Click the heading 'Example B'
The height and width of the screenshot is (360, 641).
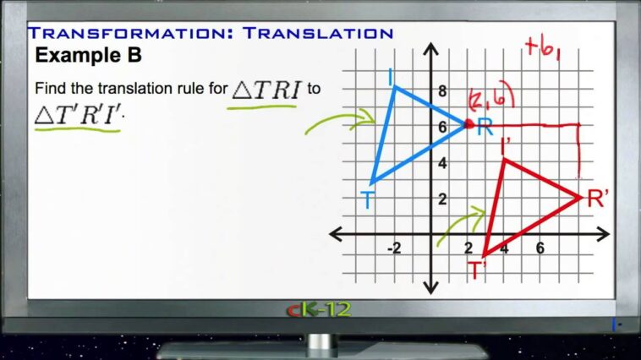(x=88, y=56)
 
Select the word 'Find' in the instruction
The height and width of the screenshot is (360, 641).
(x=50, y=88)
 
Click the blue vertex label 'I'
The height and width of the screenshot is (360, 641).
(x=390, y=78)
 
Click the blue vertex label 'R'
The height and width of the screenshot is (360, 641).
(x=485, y=128)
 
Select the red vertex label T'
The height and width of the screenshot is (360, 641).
(x=478, y=269)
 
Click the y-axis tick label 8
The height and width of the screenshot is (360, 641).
(x=441, y=91)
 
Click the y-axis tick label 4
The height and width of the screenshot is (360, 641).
(x=441, y=163)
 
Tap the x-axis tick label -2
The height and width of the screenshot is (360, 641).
(x=394, y=248)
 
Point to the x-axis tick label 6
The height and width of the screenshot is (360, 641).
(x=540, y=248)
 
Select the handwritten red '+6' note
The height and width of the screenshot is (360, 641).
(x=543, y=49)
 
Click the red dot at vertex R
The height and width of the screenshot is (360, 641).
(x=468, y=124)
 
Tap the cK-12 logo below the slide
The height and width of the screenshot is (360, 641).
(x=319, y=309)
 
